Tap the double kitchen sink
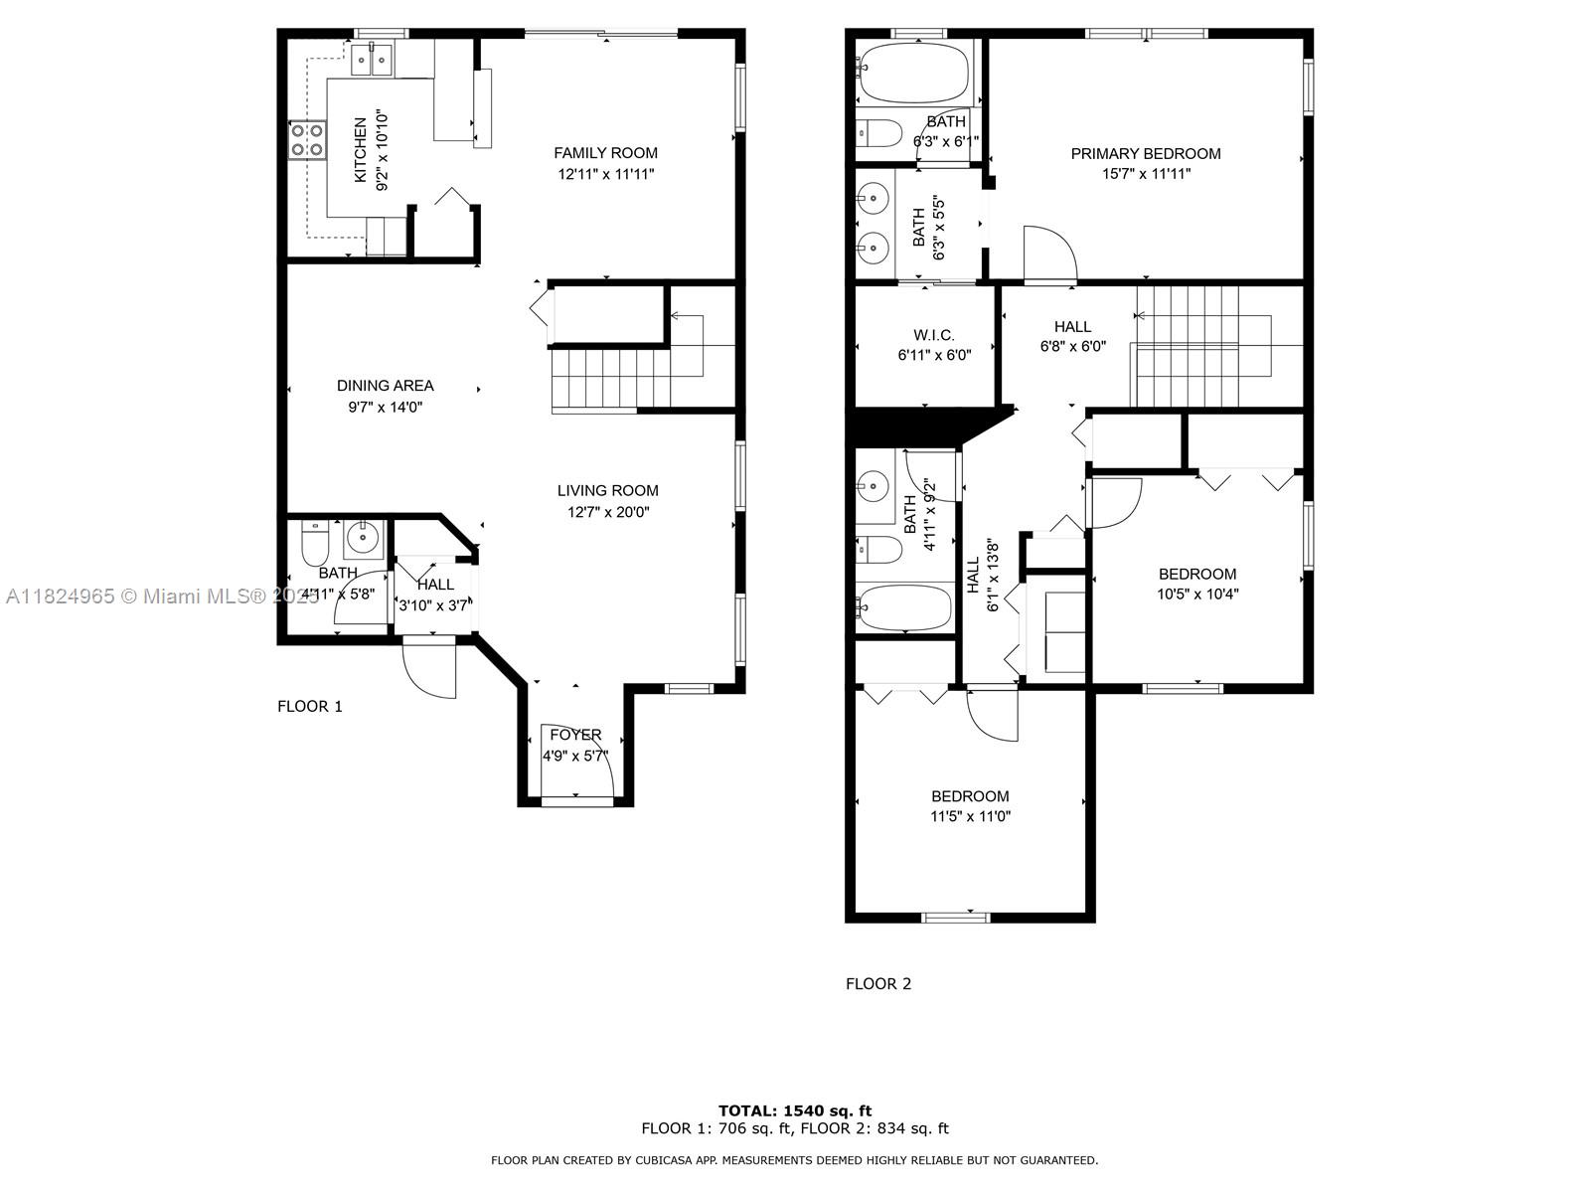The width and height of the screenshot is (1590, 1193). (x=372, y=60)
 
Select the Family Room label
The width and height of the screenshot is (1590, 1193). (x=605, y=153)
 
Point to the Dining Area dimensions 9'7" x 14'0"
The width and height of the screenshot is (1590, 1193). (x=386, y=407)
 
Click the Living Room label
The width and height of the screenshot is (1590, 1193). (x=608, y=490)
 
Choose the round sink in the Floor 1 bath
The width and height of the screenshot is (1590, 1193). (x=364, y=538)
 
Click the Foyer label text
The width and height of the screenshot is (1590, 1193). (x=575, y=735)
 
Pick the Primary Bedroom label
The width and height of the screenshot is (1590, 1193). (x=1146, y=153)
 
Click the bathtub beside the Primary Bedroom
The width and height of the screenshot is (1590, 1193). (x=913, y=74)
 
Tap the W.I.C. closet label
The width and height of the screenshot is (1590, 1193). (x=934, y=335)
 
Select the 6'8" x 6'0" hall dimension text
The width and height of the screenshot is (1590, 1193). (x=1073, y=346)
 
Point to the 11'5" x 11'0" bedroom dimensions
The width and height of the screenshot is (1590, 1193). (x=971, y=816)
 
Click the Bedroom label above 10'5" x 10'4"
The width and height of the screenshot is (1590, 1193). (x=1197, y=574)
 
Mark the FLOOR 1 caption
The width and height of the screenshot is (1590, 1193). (x=310, y=706)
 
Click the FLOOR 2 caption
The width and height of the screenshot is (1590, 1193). (x=878, y=983)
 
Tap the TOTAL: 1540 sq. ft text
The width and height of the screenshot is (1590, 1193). (x=795, y=1110)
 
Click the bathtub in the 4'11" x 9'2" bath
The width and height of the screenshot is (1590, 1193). (x=904, y=607)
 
